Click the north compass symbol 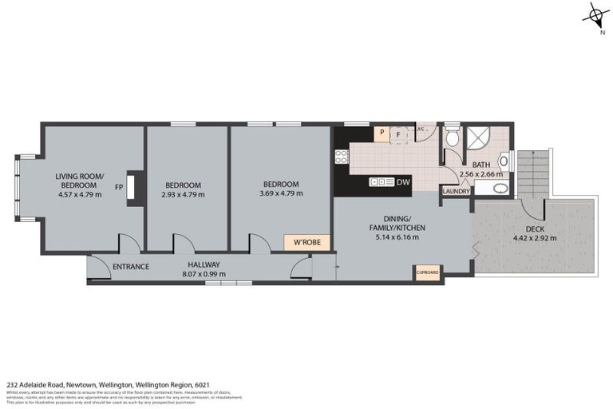[595, 16]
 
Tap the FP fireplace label [119, 188]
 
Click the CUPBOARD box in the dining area [428, 272]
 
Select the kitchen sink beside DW [380, 182]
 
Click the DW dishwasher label [401, 182]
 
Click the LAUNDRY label [456, 191]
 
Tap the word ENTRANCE [130, 266]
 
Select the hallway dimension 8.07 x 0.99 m [204, 274]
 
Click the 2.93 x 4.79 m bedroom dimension [183, 193]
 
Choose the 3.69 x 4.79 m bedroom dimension [279, 193]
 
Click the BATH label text [481, 165]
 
